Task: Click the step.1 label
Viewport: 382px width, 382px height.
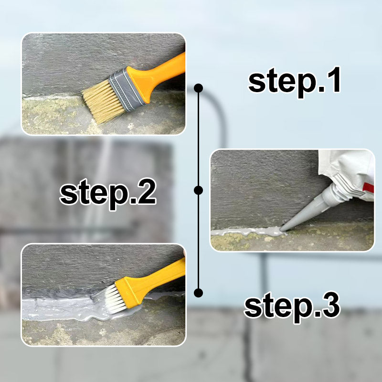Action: [294, 82]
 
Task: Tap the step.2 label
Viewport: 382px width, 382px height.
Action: [108, 194]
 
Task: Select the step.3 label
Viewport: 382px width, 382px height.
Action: [292, 307]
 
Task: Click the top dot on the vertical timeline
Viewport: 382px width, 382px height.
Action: [198, 88]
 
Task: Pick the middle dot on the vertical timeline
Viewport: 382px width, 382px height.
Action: [198, 190]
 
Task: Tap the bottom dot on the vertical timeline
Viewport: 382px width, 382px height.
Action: [198, 293]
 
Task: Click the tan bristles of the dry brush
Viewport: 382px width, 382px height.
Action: [102, 101]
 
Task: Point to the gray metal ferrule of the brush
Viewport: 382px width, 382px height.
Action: [126, 90]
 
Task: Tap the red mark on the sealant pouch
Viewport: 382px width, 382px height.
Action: [368, 188]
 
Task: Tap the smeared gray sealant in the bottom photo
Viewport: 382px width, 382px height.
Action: [73, 308]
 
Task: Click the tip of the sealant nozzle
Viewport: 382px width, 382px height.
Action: [281, 230]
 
